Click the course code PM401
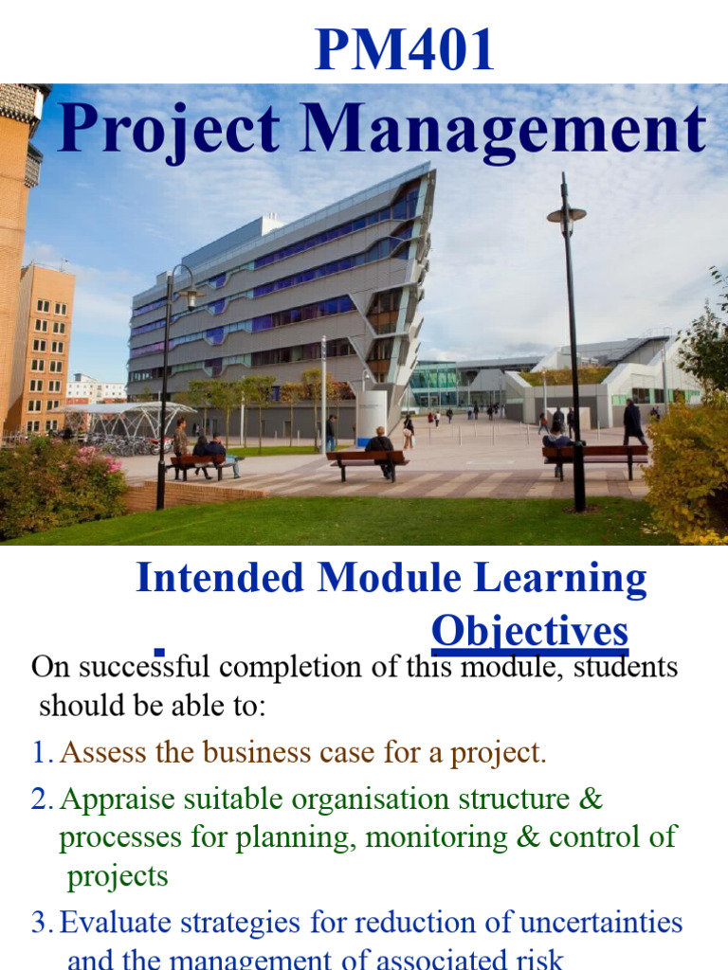(405, 51)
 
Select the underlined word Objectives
(529, 631)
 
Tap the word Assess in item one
(103, 753)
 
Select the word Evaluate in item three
(119, 922)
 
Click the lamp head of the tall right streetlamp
(566, 215)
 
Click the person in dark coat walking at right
(632, 422)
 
